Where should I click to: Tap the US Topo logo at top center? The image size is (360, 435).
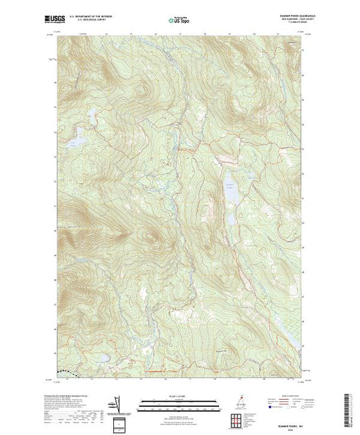[x=180, y=20]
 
